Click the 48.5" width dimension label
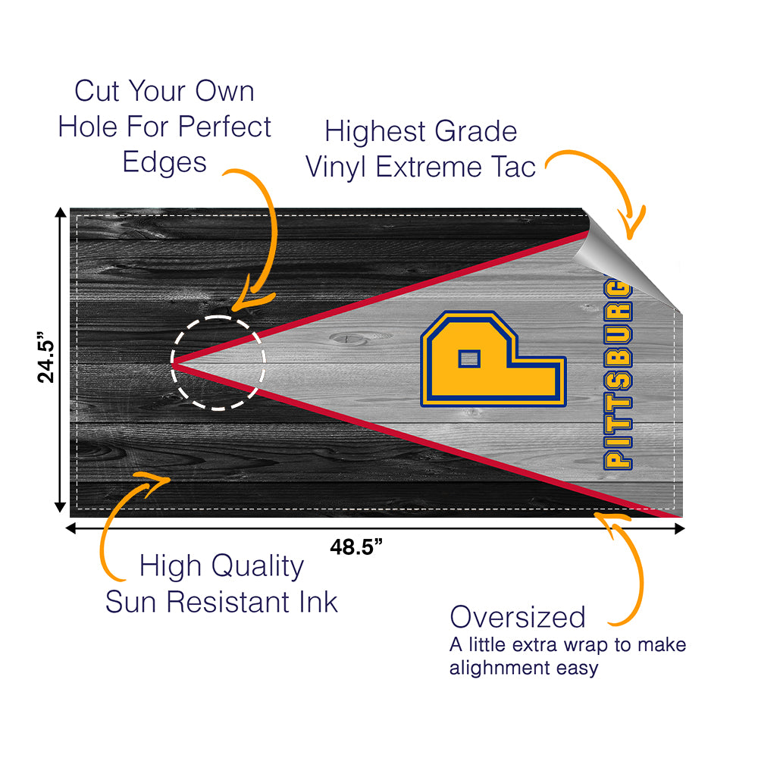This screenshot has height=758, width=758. click(x=356, y=547)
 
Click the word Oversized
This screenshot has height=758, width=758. click(x=518, y=617)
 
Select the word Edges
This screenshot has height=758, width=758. click(x=164, y=162)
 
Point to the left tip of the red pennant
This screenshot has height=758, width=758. click(x=174, y=365)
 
